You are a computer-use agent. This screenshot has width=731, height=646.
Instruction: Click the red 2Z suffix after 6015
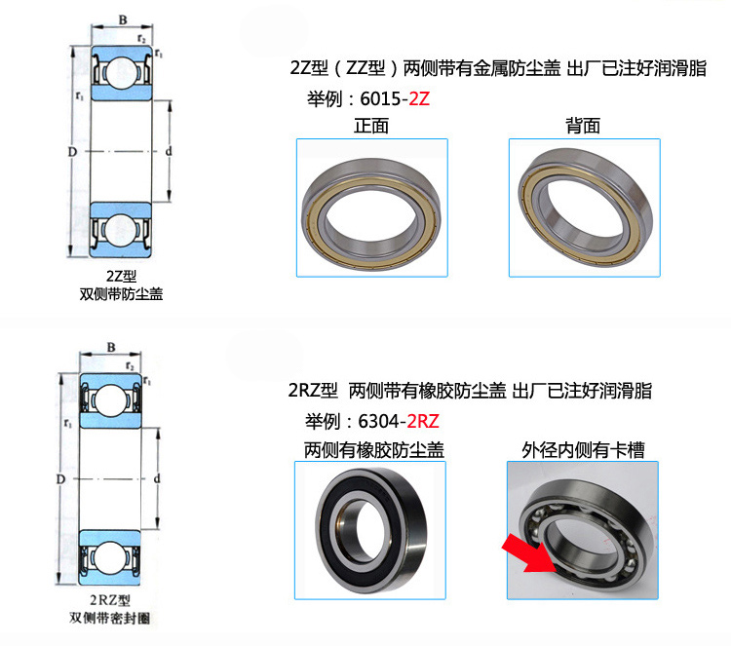pos(419,98)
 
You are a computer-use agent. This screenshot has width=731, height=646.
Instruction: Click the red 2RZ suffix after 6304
pos(423,421)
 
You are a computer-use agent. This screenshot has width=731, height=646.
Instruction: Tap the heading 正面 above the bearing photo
pos(371,126)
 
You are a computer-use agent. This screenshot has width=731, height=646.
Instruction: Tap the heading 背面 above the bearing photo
pos(583,126)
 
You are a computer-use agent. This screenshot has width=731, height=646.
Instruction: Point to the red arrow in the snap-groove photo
pos(529,553)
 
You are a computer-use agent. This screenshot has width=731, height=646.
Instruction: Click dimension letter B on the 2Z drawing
pos(123,19)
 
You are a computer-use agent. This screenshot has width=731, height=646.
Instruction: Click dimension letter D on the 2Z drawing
pos(72,151)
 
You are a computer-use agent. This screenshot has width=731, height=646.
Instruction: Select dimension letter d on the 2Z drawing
pos(169,151)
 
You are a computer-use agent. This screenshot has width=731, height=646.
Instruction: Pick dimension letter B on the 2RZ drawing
pos(111,347)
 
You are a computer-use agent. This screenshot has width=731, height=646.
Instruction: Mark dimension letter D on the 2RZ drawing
pos(60,479)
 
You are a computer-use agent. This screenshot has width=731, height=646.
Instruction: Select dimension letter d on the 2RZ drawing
pos(157,478)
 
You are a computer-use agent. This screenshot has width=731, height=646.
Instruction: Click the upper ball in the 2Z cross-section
pos(121,73)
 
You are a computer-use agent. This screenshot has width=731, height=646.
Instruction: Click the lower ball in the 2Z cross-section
pos(121,231)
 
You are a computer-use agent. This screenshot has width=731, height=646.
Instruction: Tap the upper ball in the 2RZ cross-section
pos(110,400)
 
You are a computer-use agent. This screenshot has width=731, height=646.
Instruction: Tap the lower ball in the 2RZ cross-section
pos(110,558)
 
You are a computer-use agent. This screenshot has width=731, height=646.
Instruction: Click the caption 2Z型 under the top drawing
pos(121,276)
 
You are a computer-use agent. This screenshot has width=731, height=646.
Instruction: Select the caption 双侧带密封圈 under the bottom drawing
pos(110,618)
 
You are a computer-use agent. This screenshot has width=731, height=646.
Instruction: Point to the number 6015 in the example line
pos(380,98)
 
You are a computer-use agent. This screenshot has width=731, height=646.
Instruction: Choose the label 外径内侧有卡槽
pos(583,450)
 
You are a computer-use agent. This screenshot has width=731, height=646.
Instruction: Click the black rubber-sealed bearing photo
pos(370,530)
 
